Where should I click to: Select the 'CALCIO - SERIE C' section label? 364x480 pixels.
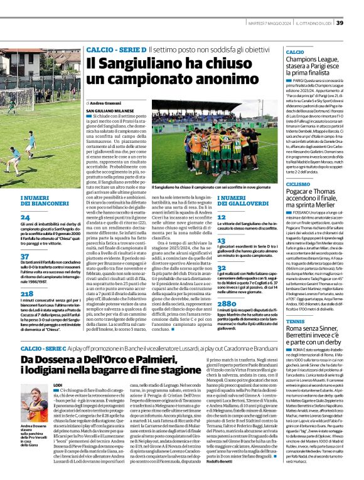tap(45, 347)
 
